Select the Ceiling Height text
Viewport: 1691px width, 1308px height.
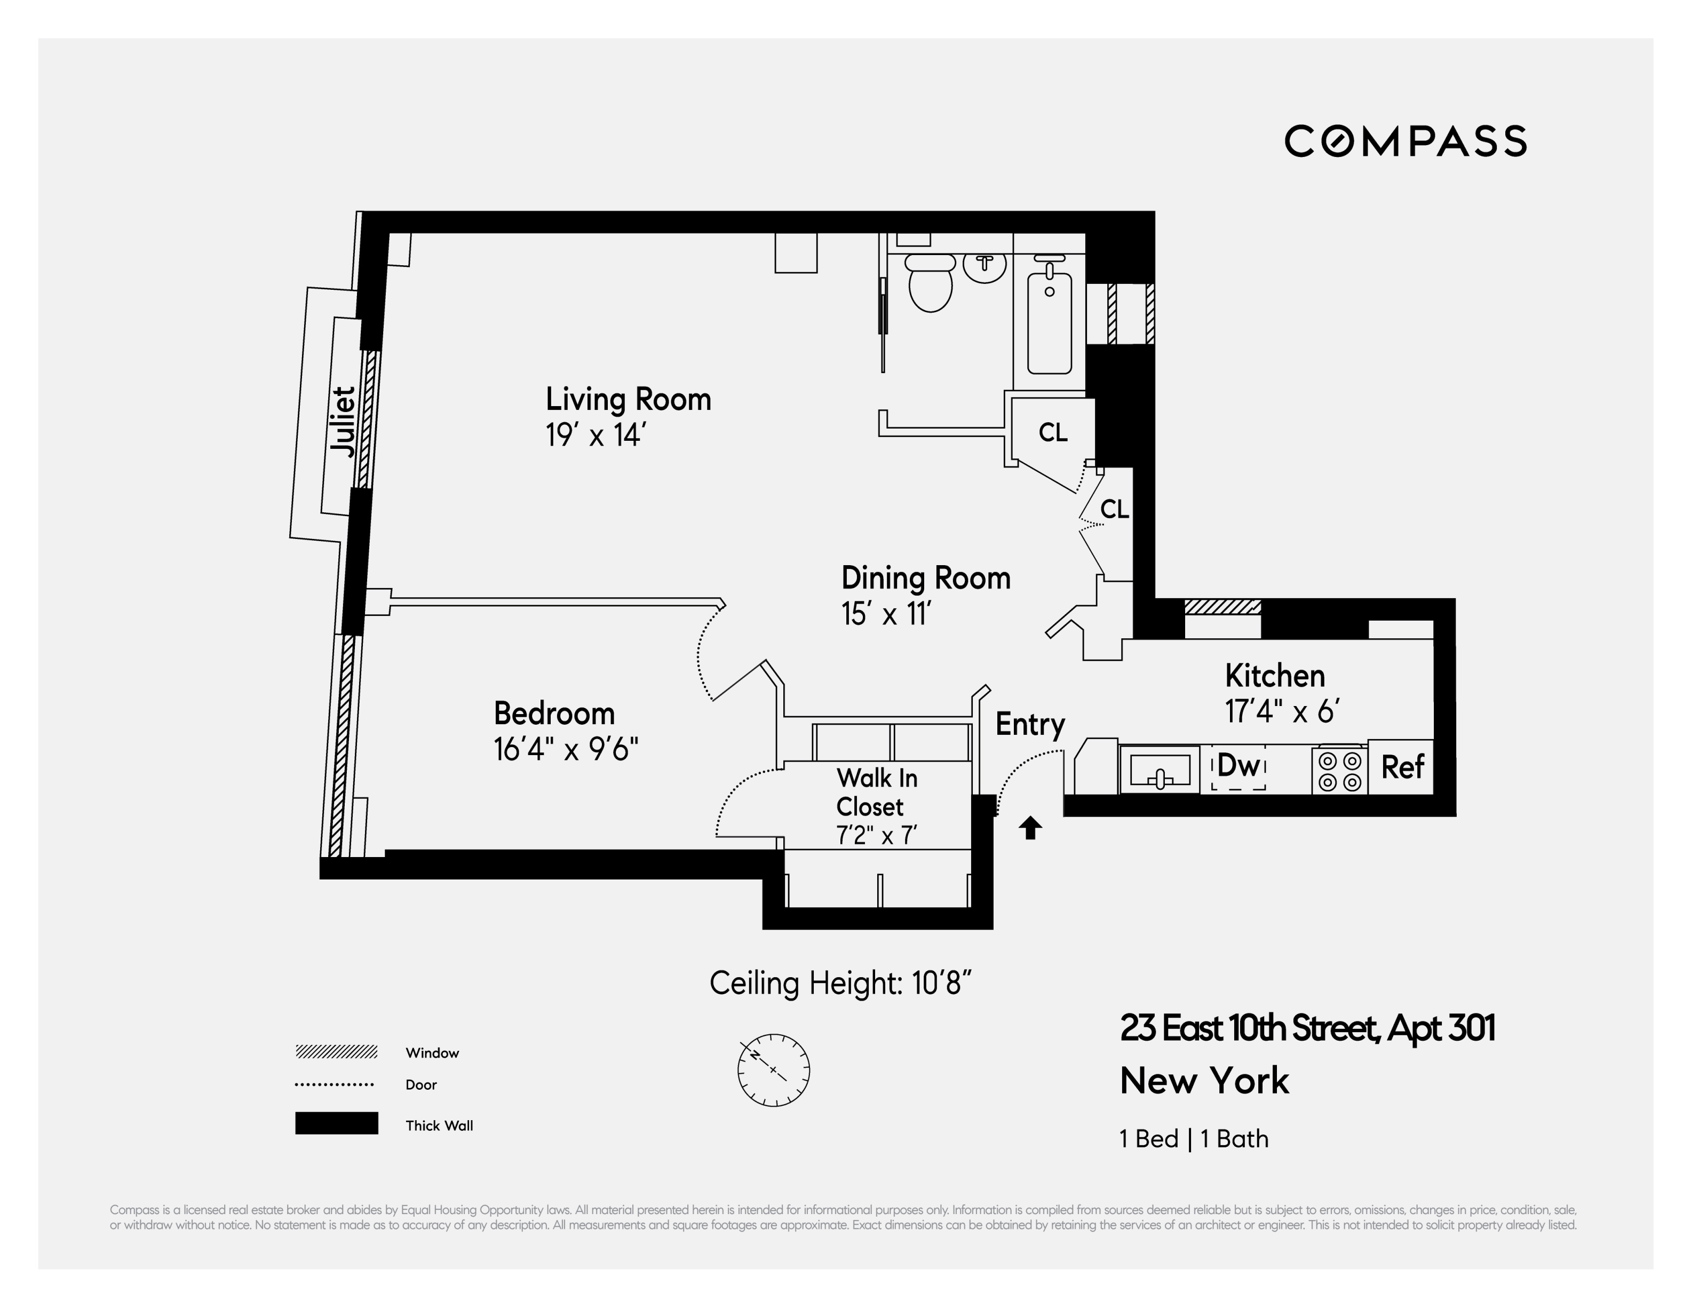[x=840, y=983]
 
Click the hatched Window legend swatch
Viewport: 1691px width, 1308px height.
[x=336, y=1052]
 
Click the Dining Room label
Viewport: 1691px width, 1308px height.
[x=925, y=578]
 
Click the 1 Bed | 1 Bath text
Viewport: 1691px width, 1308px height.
[x=1193, y=1138]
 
